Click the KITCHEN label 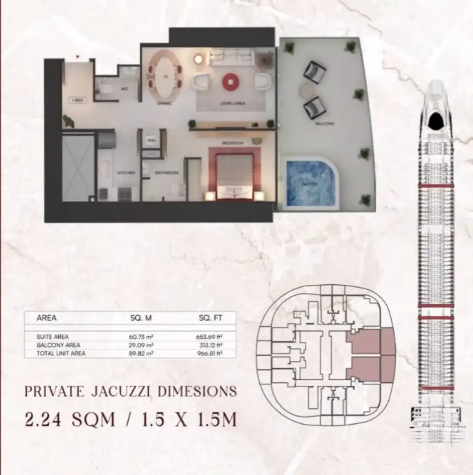click(128, 173)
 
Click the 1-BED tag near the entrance click(76, 100)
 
